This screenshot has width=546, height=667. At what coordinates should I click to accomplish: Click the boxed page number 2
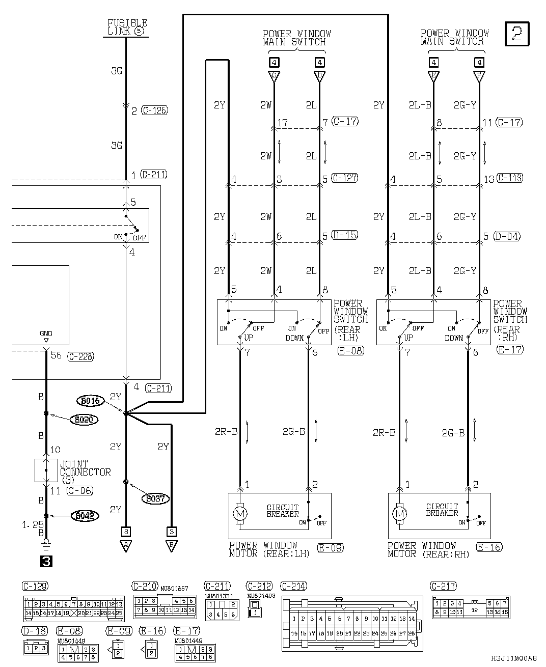click(x=517, y=34)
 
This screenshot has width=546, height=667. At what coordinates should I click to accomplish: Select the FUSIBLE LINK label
click(x=127, y=27)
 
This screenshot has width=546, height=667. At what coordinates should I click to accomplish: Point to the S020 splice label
click(x=85, y=420)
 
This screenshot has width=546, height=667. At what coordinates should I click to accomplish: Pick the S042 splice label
click(x=85, y=515)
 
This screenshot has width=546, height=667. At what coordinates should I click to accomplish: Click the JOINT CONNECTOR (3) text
click(x=85, y=472)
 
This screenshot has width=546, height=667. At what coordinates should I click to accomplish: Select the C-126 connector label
click(x=154, y=110)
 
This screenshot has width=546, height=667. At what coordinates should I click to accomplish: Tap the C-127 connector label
click(x=344, y=178)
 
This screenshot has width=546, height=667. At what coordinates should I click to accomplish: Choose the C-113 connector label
click(x=509, y=178)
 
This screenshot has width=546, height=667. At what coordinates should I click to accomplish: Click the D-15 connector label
click(x=344, y=235)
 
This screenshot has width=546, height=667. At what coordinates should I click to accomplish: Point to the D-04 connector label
click(x=508, y=236)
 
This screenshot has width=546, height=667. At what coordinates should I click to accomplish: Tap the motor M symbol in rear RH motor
click(x=399, y=514)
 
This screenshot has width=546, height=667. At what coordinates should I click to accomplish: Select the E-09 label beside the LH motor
click(x=331, y=548)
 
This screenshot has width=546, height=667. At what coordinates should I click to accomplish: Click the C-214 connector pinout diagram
click(x=352, y=624)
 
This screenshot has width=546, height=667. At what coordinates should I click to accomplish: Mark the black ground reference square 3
click(x=45, y=562)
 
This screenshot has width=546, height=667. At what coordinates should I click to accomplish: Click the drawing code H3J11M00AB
click(x=514, y=658)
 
